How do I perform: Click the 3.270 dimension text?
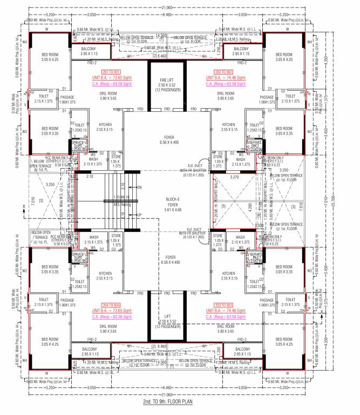(234, 177)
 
